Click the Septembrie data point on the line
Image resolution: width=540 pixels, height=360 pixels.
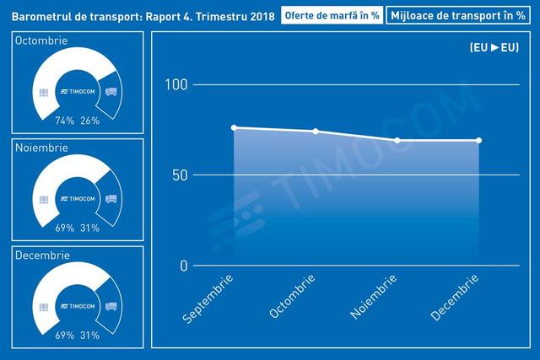tap(234, 127)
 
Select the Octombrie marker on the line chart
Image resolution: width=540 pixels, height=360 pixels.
tap(316, 132)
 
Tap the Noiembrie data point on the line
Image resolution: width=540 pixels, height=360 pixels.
tap(397, 141)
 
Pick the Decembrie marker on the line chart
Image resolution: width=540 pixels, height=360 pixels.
tap(478, 141)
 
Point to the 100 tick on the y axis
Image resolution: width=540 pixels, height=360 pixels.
tap(176, 84)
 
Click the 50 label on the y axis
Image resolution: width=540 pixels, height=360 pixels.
tap(180, 175)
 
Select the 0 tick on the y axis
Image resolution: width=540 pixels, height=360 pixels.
tap(184, 266)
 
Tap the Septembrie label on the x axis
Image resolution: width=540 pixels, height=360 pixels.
tap(208, 298)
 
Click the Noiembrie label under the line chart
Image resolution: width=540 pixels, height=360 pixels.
tap(373, 296)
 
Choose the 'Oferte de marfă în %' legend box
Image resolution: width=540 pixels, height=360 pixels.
tap(332, 15)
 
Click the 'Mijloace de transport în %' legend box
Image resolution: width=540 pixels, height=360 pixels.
tap(458, 15)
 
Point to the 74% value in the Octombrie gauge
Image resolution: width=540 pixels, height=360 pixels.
tap(65, 121)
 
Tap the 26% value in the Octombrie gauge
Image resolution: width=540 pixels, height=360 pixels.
tap(90, 121)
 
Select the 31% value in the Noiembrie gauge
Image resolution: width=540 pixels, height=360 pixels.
tap(90, 228)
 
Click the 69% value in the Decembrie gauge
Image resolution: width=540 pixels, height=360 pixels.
tap(65, 336)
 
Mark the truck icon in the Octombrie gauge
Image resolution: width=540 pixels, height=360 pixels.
tap(111, 92)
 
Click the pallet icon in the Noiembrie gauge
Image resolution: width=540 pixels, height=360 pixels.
tap(43, 200)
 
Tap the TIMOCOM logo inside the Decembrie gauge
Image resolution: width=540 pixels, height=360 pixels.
tap(78, 306)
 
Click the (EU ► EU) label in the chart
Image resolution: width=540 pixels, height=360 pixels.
tap(494, 47)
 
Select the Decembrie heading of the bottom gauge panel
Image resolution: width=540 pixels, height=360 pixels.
tap(42, 255)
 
